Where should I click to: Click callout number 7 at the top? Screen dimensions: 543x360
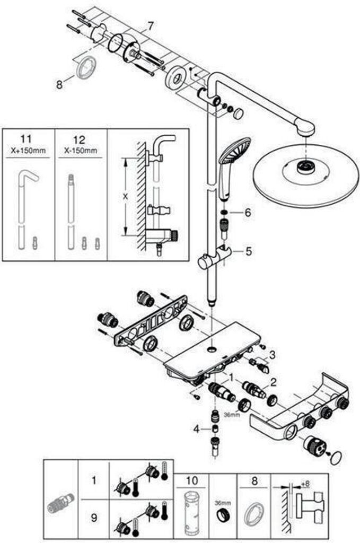(151, 25)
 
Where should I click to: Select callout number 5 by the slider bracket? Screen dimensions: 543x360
(248, 251)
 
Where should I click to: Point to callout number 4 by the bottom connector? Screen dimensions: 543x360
(197, 428)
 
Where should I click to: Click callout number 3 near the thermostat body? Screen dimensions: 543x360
(272, 355)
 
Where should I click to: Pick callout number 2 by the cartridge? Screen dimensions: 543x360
(274, 382)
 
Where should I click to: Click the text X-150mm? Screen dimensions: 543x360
(81, 151)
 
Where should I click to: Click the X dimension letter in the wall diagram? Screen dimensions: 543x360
(125, 196)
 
